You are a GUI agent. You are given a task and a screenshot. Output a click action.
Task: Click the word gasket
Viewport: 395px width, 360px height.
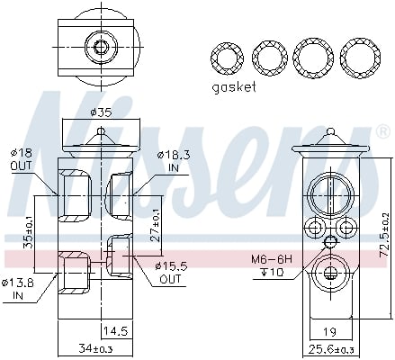coord(234,87)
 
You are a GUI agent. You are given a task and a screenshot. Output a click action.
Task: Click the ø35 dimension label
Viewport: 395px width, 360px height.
coord(101,112)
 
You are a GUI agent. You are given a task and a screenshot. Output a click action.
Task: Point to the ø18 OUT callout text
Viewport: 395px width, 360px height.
coord(21,159)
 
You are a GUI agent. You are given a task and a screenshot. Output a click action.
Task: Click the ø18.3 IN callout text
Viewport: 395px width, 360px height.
coord(170,161)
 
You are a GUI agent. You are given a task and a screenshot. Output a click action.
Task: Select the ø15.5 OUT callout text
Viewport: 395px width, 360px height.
coord(171,272)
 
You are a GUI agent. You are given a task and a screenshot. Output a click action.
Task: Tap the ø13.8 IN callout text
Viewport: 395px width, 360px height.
coord(18,289)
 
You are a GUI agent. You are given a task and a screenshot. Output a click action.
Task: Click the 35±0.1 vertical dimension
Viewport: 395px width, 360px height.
coord(29,235)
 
